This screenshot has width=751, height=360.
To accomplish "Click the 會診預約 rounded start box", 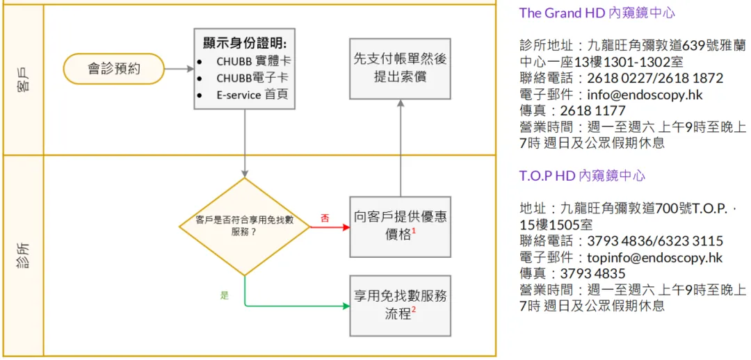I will click(113, 69).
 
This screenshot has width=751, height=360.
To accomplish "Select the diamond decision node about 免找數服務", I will click(244, 226).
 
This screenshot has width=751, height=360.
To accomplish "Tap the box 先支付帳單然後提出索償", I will click(400, 68).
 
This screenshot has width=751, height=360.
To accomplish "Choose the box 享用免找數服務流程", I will click(400, 305).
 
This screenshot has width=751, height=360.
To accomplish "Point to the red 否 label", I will click(325, 218).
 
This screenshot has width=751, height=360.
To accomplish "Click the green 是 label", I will click(225, 295).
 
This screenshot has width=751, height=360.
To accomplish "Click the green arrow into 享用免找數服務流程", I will click(299, 305).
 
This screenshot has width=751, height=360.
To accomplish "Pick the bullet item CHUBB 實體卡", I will click(250, 61).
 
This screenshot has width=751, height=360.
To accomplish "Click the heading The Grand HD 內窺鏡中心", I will click(597, 13).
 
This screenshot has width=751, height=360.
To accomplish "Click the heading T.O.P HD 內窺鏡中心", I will click(582, 176).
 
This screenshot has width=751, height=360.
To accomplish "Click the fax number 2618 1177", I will click(592, 111).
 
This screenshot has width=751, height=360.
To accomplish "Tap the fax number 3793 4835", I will click(592, 273).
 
